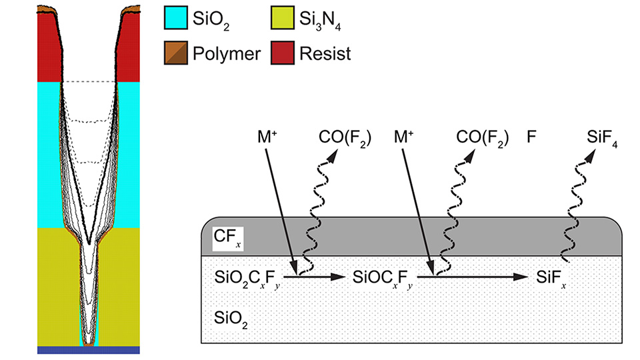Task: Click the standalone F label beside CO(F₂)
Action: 531,139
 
